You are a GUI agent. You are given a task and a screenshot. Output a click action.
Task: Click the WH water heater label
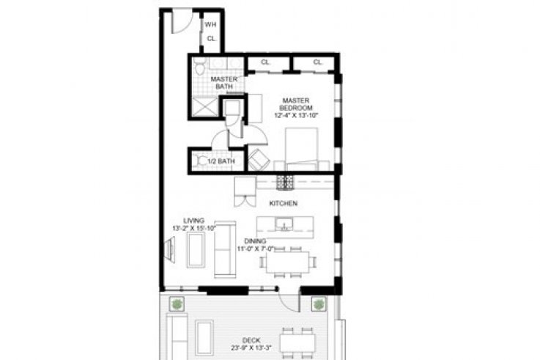click(210, 25)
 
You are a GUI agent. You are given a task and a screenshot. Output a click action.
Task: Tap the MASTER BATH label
click(224, 83)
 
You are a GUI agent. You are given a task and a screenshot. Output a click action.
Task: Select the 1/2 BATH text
click(221, 161)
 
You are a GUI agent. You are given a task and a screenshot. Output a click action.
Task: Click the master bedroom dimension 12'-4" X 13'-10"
click(296, 115)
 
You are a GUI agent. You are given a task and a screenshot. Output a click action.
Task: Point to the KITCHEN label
click(283, 203)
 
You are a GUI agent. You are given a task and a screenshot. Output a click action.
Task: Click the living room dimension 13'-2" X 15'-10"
click(194, 228)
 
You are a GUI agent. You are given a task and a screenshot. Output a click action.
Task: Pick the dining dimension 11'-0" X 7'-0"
click(255, 249)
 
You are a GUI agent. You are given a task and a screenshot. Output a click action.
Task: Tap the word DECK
click(251, 341)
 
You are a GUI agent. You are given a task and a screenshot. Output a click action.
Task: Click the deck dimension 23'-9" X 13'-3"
click(251, 348)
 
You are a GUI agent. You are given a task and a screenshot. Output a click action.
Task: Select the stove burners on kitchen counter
click(285, 182)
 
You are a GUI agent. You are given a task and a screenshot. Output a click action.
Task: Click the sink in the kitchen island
click(284, 224)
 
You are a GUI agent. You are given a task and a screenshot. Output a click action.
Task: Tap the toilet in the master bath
click(199, 67)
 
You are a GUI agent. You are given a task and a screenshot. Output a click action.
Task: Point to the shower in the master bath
click(204, 107)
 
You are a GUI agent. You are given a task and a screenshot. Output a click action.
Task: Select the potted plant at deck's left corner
click(177, 304)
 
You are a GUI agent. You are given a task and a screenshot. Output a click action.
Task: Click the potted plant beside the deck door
click(319, 304)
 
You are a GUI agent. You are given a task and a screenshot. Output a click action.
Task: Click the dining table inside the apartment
click(287, 262)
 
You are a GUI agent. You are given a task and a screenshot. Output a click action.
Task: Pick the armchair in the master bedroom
click(259, 160)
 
